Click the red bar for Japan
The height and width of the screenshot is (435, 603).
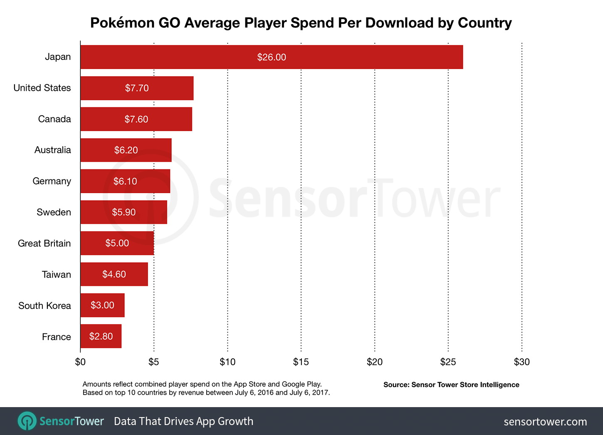271,57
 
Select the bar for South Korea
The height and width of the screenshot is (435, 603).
102,305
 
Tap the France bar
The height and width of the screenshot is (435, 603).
101,336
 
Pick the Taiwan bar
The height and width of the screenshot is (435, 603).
114,274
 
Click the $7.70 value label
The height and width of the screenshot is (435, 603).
137,88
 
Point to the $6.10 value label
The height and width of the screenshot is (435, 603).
125,181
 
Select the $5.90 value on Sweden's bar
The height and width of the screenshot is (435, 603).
124,212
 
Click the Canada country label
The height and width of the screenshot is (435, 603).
54,119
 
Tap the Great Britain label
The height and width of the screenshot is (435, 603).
44,244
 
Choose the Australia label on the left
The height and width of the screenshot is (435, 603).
52,150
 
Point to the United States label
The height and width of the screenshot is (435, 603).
42,88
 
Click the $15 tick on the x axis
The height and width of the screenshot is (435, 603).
301,362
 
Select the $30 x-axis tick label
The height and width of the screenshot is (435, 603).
521,362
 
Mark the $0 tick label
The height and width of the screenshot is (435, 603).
80,362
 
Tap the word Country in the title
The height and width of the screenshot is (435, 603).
484,23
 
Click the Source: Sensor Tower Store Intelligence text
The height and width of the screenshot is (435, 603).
451,385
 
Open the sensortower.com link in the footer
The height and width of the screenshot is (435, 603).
545,422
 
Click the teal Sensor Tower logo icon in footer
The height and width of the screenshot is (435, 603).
27,421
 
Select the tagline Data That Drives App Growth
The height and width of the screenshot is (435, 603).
183,421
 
